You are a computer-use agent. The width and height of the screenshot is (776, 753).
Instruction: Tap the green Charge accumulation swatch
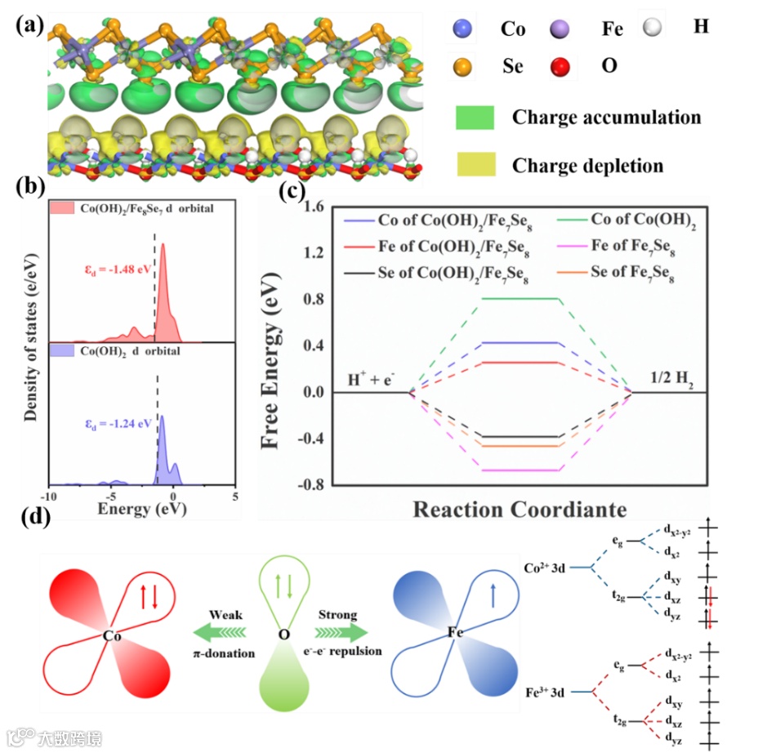(x=475, y=118)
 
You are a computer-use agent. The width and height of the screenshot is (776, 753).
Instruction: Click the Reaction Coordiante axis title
(x=520, y=510)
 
